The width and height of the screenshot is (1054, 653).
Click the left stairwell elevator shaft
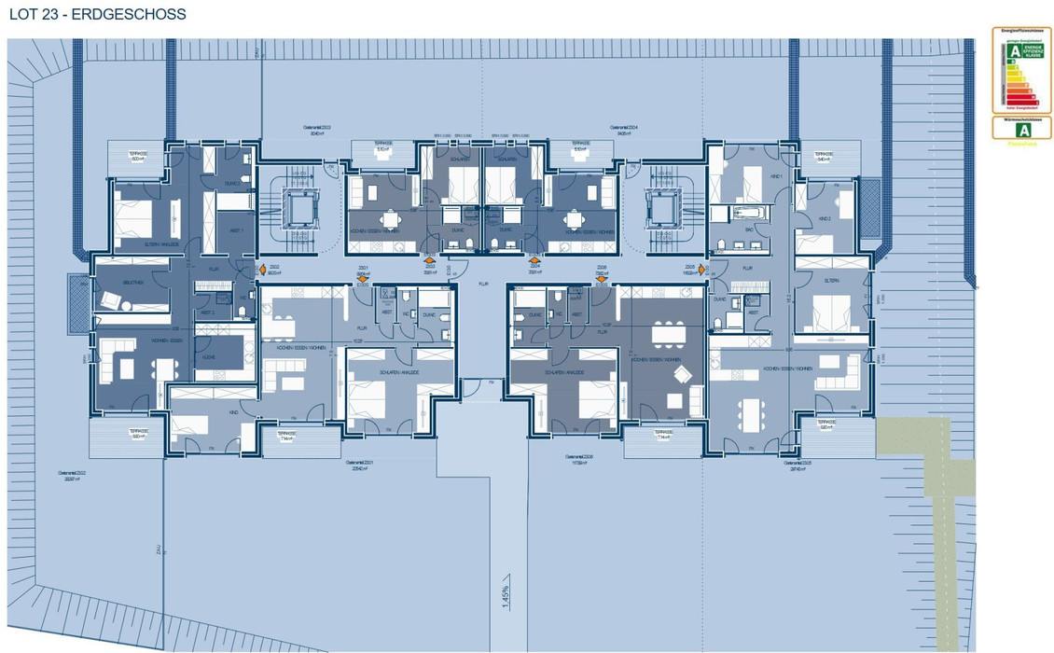tap(301, 210)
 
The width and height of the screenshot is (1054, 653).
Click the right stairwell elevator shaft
tap(662, 210)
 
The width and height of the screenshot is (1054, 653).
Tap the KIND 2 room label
tap(823, 218)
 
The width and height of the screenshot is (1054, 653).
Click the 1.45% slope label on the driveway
tap(505, 595)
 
